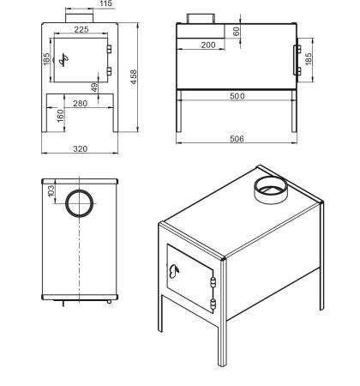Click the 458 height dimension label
(134, 77)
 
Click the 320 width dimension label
(81, 148)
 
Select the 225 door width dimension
(81, 29)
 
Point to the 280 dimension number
(81, 103)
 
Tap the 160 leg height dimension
(61, 116)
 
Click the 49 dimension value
(94, 87)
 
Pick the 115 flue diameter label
(106, 3)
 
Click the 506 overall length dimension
(237, 139)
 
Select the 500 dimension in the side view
(237, 96)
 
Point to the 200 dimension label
(208, 45)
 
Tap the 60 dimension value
(237, 32)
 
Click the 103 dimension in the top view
(51, 191)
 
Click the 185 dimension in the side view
(309, 58)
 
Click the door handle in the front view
(63, 60)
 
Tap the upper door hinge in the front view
(109, 49)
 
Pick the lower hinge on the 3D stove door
(213, 305)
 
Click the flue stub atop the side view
(201, 19)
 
